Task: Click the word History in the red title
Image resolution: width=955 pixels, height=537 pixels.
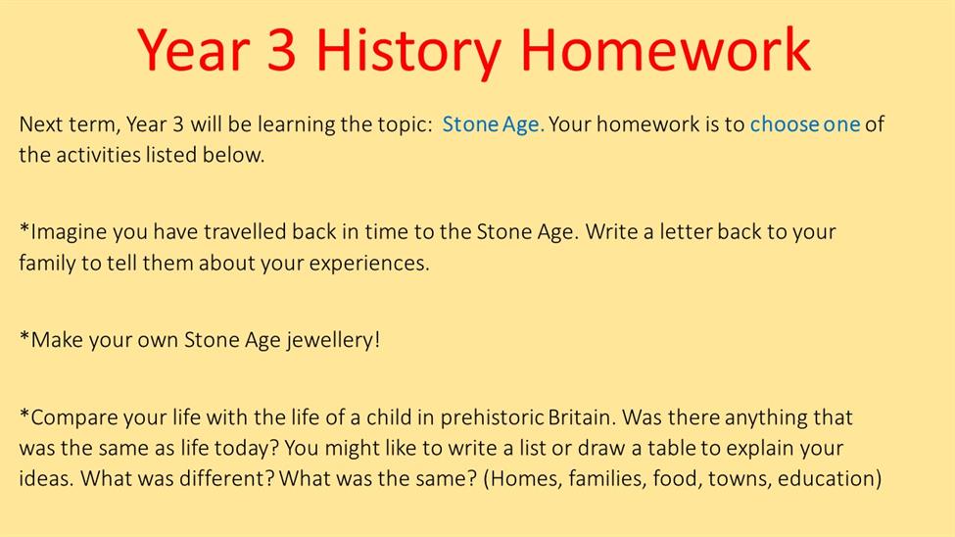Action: (x=408, y=51)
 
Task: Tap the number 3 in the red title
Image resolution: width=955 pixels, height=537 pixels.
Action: (x=281, y=50)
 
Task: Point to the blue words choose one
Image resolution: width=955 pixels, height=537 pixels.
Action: (x=804, y=124)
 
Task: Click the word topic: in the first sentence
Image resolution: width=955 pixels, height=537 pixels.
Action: (x=405, y=125)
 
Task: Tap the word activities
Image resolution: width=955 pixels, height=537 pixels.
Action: (x=98, y=155)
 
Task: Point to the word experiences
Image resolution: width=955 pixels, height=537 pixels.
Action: (x=369, y=264)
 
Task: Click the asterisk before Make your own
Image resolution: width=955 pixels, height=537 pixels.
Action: (x=24, y=335)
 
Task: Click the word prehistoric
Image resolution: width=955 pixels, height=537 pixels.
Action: (x=492, y=418)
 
